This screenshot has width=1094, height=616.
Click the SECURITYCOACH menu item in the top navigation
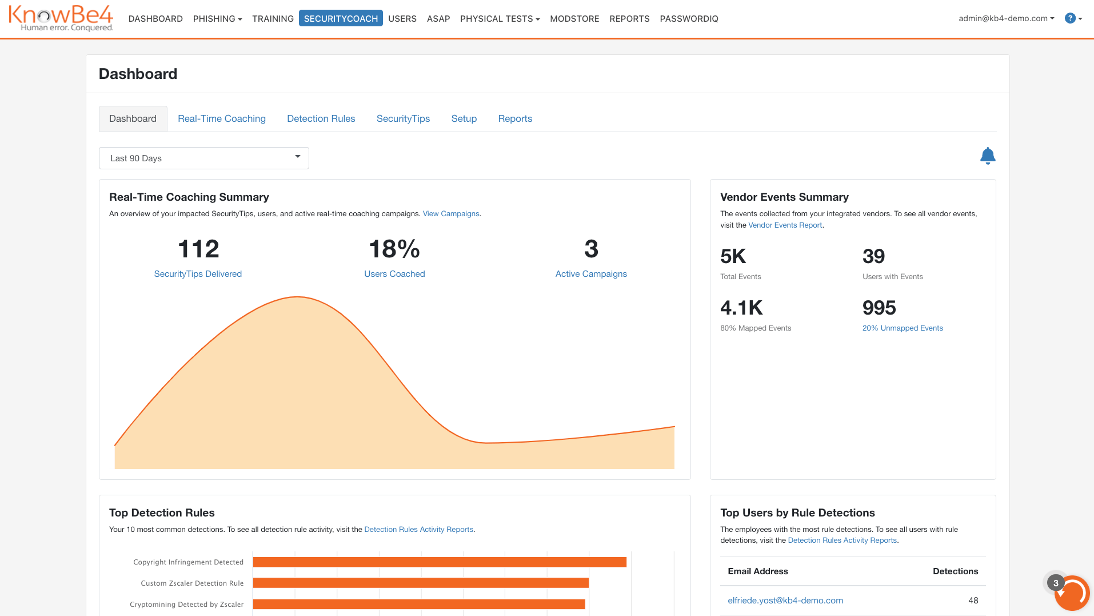click(x=341, y=18)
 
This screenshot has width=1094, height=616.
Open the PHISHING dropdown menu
click(x=217, y=18)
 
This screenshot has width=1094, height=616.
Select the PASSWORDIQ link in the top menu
click(x=689, y=18)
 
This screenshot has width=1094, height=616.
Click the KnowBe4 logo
click(x=61, y=18)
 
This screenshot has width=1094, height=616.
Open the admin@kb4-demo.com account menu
click(x=1006, y=18)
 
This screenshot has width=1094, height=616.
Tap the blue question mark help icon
click(x=1070, y=18)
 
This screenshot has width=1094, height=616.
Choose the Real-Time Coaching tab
click(x=221, y=118)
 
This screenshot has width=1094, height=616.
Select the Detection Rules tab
click(x=321, y=118)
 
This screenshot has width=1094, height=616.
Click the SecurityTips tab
click(x=403, y=118)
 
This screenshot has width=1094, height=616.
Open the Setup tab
click(x=464, y=118)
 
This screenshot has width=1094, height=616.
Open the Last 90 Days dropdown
click(x=203, y=158)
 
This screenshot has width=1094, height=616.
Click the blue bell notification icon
click(x=987, y=156)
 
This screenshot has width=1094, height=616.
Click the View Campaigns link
click(x=450, y=213)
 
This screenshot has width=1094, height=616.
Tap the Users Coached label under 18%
click(x=394, y=274)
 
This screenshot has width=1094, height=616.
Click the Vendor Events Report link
click(x=785, y=225)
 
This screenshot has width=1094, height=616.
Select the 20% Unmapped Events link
click(x=902, y=328)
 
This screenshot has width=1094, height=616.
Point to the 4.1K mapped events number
click(x=741, y=308)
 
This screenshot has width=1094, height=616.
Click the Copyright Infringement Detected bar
click(x=439, y=562)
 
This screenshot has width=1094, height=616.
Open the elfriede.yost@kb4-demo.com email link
click(x=785, y=600)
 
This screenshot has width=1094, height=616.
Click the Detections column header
click(x=955, y=571)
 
